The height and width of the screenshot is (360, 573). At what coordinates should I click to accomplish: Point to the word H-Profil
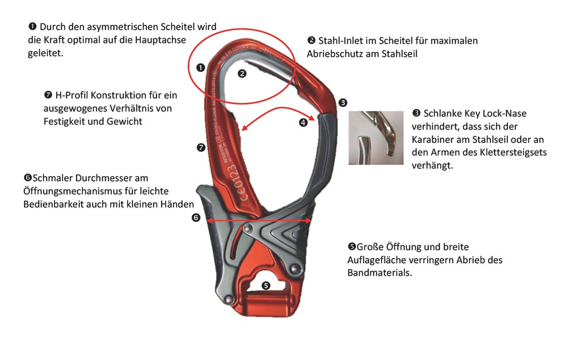click(72, 95)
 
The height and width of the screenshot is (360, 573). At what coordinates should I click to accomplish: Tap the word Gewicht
click(124, 121)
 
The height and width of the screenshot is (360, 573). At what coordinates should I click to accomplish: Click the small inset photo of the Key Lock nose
click(376, 138)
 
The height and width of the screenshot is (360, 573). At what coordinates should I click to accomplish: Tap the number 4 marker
click(303, 122)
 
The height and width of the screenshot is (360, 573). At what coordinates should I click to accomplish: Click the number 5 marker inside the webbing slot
click(266, 285)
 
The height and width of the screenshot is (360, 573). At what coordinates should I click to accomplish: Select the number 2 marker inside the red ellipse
click(242, 73)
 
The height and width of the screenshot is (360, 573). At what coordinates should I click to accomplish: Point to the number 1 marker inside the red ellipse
click(200, 67)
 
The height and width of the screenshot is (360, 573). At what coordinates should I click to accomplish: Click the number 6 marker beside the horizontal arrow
click(196, 218)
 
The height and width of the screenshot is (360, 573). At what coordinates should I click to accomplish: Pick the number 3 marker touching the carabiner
click(343, 102)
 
